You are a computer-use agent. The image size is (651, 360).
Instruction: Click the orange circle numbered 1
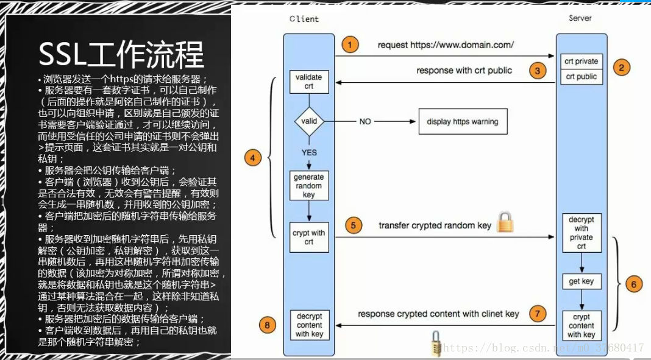[x=349, y=44]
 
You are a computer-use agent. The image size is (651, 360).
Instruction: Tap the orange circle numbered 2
[x=621, y=68]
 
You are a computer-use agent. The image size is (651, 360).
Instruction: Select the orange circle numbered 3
[x=537, y=71]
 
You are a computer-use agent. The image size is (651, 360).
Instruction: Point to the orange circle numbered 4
[x=252, y=158]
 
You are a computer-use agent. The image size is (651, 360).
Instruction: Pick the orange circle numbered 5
[x=354, y=225]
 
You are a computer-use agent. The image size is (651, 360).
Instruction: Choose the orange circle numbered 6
[x=634, y=284]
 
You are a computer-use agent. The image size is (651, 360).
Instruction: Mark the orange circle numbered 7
[x=537, y=314]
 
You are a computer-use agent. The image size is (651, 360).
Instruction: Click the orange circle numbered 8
[x=266, y=325]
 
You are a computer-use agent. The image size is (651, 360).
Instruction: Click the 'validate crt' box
[x=309, y=82]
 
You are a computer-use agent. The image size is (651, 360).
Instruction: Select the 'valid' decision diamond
[x=309, y=121]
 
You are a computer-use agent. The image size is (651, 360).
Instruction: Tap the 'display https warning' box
[x=462, y=122]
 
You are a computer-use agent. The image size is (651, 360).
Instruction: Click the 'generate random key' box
[x=309, y=186]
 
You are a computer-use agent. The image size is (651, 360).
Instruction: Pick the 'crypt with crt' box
[x=309, y=238]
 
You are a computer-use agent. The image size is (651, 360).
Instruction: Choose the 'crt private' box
[x=581, y=62]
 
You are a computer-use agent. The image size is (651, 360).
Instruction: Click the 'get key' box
[x=581, y=281]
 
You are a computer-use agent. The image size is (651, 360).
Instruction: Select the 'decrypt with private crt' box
[x=581, y=233]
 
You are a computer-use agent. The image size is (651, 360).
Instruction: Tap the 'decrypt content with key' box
[x=309, y=325]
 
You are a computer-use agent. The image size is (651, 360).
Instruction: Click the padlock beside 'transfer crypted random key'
[x=505, y=222]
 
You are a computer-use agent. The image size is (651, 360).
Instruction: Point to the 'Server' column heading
[x=580, y=18]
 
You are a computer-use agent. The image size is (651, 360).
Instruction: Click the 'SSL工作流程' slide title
[x=121, y=55]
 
